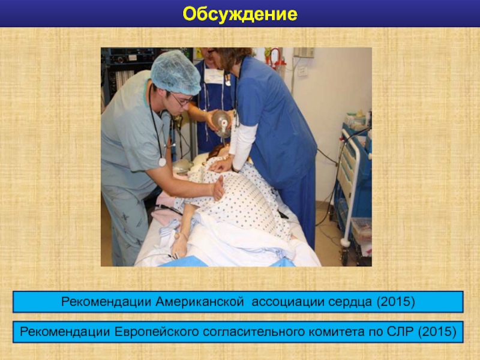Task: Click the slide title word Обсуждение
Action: click(239, 14)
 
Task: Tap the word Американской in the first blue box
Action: click(200, 302)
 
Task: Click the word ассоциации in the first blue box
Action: click(288, 302)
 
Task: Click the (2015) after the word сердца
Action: click(395, 302)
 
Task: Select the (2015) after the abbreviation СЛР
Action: click(437, 332)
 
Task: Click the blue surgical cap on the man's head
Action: click(175, 73)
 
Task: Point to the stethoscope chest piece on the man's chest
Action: click(162, 162)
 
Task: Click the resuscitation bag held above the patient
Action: click(221, 122)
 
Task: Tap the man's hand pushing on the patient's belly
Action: click(218, 188)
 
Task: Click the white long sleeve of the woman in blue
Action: click(244, 145)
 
